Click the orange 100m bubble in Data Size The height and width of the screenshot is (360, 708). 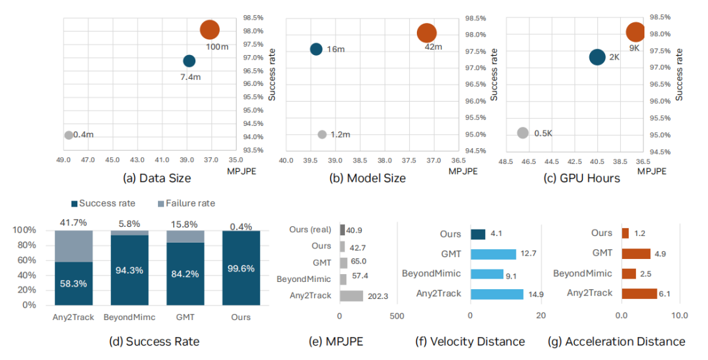209,30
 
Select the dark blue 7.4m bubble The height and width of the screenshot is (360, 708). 189,61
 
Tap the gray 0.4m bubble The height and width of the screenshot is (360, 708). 68,135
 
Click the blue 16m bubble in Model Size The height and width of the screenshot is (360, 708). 316,49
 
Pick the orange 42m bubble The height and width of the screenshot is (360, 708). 426,33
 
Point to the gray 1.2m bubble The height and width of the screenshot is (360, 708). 322,134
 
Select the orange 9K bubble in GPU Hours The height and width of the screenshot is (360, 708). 635,32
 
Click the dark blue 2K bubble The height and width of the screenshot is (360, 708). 597,57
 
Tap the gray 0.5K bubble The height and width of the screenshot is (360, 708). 522,133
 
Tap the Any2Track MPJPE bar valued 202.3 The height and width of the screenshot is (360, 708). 351,295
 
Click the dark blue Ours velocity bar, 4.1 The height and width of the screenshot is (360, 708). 477,234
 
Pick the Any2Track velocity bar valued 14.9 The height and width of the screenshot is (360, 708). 497,293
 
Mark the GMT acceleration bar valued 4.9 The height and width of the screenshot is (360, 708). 636,253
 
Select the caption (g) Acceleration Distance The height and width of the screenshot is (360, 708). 617,341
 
